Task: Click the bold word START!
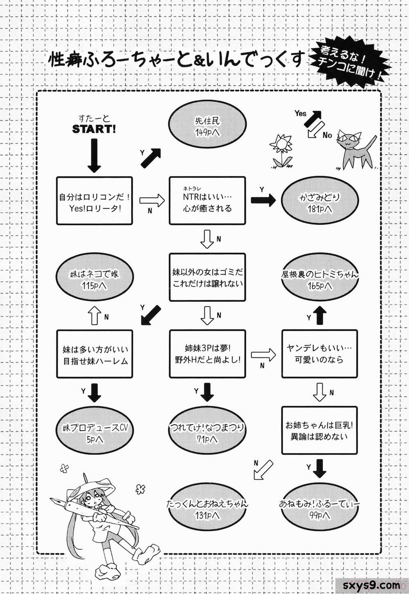(94, 129)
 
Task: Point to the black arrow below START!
(94, 155)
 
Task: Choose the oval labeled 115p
(94, 280)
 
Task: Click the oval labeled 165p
(319, 280)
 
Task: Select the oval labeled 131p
(207, 509)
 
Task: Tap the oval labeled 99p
(319, 509)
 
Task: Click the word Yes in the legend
(301, 113)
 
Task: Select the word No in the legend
(327, 135)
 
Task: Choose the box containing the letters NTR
(207, 200)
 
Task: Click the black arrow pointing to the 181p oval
(263, 200)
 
